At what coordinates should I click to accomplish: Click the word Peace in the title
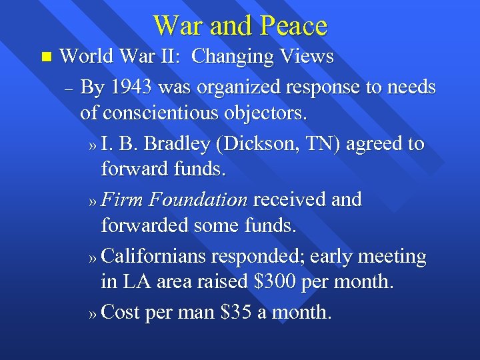click(293, 26)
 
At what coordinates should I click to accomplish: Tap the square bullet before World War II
click(45, 57)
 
